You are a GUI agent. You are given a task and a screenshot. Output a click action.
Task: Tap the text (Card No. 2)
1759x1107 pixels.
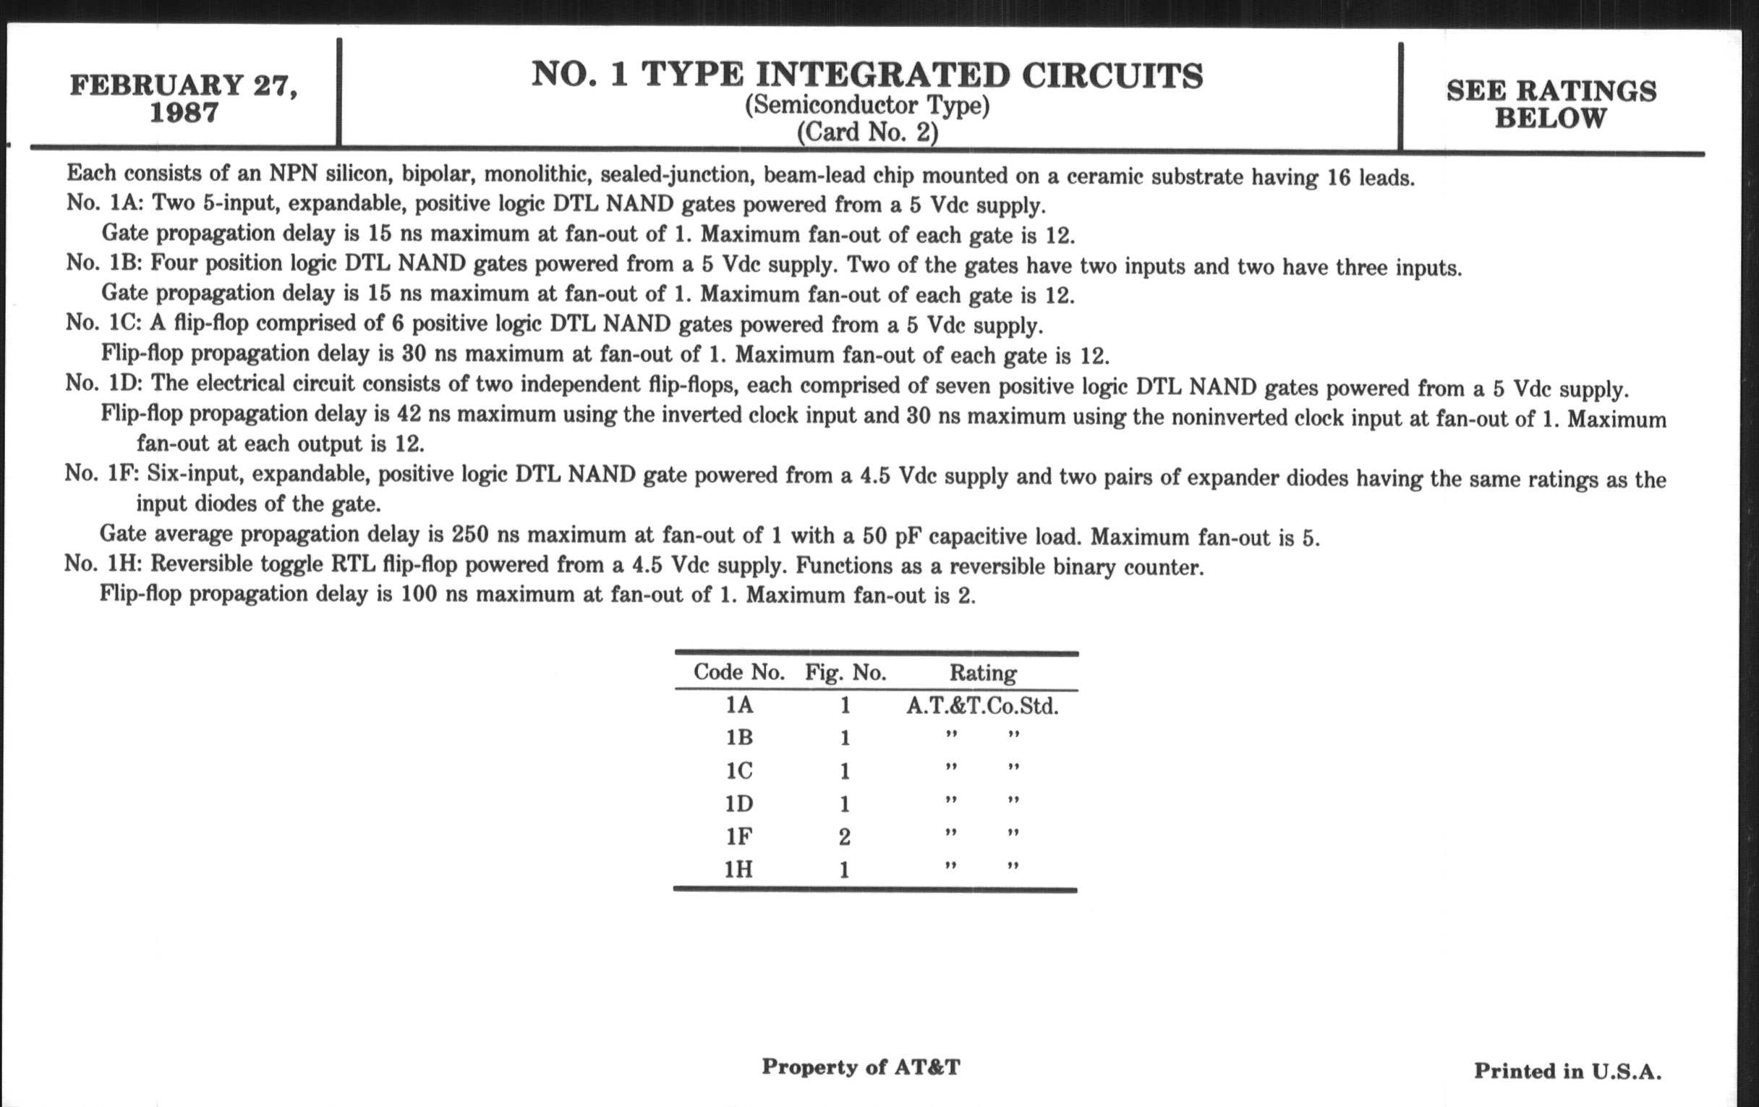tap(866, 133)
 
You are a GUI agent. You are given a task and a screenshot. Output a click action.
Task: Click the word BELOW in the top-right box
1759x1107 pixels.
tap(1550, 119)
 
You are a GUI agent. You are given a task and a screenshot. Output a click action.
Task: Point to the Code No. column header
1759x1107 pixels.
tap(738, 672)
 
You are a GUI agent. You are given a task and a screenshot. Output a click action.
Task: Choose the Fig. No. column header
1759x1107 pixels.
tap(846, 672)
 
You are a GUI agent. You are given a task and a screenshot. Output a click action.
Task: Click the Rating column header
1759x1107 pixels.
tap(982, 673)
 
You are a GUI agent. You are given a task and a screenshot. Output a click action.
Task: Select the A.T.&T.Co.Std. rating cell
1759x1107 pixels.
tap(982, 706)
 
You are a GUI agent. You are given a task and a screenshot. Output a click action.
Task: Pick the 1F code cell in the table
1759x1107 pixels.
tap(738, 836)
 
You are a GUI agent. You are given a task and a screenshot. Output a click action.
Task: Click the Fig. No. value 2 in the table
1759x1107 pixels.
tap(845, 836)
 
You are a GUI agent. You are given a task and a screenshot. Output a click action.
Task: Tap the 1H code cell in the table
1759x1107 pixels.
tap(738, 870)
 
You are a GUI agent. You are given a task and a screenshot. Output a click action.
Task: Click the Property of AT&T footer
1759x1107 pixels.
tap(861, 1067)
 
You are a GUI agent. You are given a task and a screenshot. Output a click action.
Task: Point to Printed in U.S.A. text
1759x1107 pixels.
tap(1567, 1072)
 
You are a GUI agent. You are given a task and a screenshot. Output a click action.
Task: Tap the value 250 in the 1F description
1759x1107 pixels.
tap(470, 535)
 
